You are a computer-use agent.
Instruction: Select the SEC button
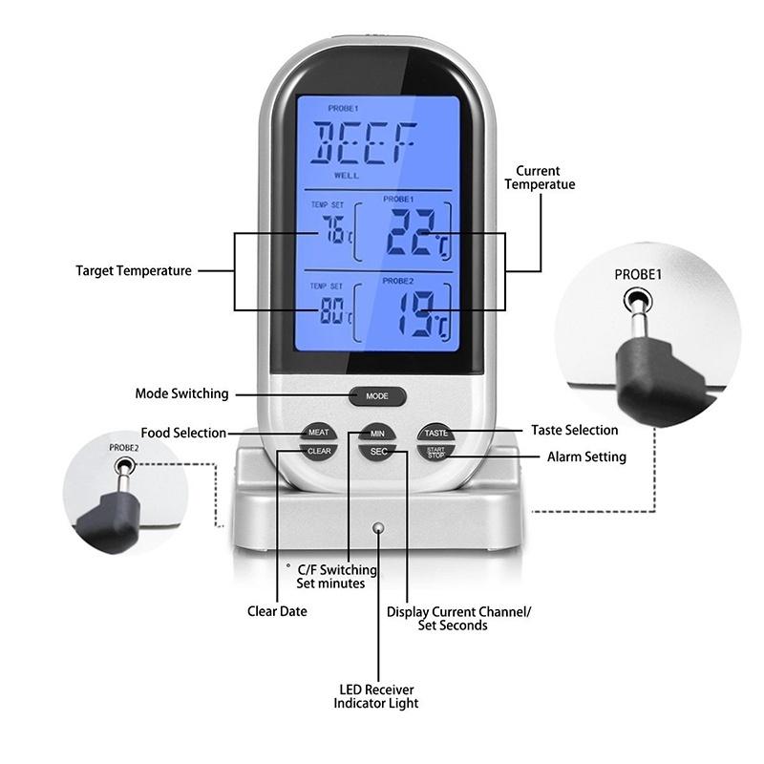[378, 451]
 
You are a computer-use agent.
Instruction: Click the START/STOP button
[435, 451]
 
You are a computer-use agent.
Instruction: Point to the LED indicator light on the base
[379, 526]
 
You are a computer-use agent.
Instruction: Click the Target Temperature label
[134, 271]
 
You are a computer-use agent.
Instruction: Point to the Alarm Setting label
[586, 457]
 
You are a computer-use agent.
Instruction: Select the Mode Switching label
[181, 393]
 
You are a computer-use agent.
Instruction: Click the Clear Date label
[277, 611]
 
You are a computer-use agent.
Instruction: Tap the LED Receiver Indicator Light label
[375, 696]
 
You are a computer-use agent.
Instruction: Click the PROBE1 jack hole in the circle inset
[637, 303]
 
